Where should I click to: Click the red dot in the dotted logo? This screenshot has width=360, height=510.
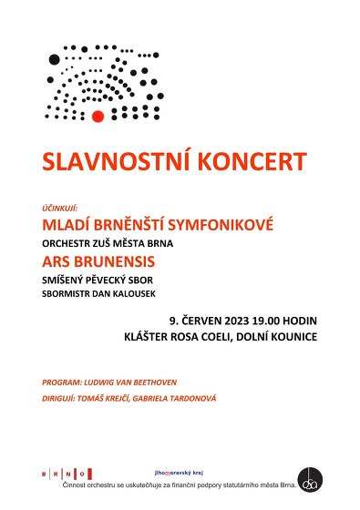click(98, 115)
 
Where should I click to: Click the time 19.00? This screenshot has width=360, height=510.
click(263, 321)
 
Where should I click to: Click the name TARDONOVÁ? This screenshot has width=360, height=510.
click(186, 398)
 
